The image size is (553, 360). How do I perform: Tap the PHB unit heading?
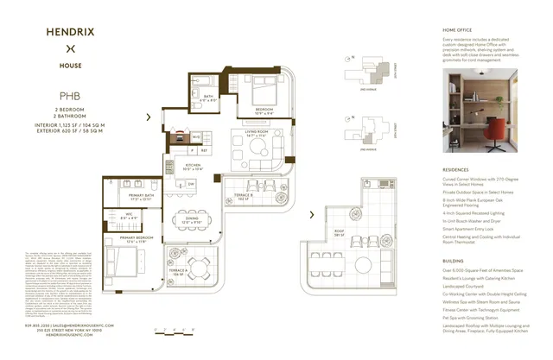70,98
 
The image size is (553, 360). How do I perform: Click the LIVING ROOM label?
256,134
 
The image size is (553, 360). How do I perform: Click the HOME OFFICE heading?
461,30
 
